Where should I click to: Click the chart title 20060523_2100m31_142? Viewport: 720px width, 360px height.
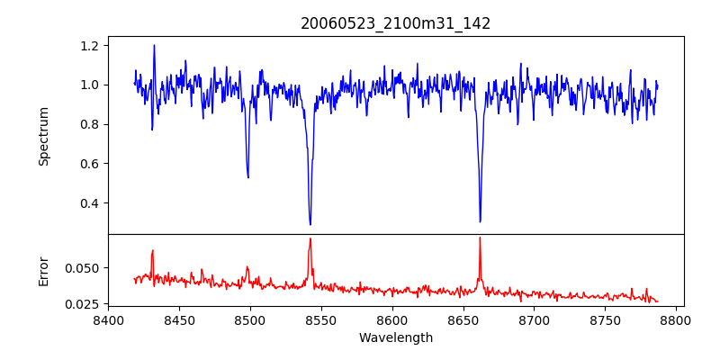click(x=395, y=23)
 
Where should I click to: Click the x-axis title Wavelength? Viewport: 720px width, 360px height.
click(x=395, y=337)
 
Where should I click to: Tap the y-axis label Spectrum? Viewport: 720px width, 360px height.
click(x=43, y=136)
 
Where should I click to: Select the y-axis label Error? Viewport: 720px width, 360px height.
click(x=43, y=270)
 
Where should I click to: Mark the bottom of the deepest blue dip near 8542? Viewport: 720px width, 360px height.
click(x=310, y=224)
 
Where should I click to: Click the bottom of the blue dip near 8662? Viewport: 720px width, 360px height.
click(x=480, y=221)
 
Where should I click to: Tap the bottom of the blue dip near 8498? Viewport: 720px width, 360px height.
click(x=247, y=177)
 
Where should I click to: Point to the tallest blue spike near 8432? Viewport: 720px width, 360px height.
click(x=154, y=45)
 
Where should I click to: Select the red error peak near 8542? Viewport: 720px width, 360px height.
click(x=310, y=238)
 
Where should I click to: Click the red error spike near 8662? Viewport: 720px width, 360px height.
click(x=480, y=238)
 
